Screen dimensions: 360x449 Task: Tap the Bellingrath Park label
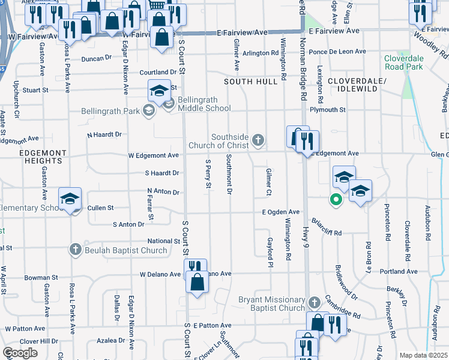(x=110, y=110)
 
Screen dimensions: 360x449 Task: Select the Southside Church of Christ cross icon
(x=258, y=140)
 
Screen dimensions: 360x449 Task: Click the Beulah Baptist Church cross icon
(x=76, y=248)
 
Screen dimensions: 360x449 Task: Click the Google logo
(x=20, y=353)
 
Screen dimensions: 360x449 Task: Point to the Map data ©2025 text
(x=423, y=355)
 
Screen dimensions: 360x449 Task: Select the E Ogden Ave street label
(x=280, y=212)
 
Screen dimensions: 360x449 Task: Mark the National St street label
(x=164, y=241)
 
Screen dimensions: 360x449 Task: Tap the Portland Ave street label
(x=399, y=271)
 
